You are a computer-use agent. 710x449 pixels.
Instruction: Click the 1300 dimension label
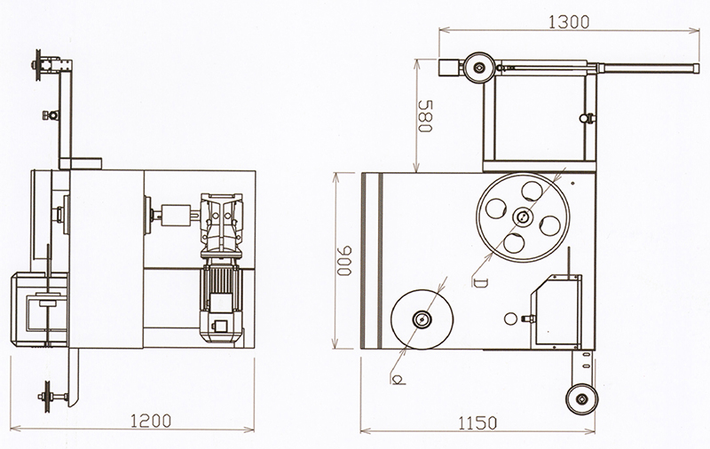569,21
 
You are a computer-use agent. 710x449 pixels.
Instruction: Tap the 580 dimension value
426,116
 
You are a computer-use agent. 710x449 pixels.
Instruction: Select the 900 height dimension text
344,261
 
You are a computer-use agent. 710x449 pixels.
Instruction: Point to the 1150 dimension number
477,423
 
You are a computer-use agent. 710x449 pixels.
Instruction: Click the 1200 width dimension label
151,421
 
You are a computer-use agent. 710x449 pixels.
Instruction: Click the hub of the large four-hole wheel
523,217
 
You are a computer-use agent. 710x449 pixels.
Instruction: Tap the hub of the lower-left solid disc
422,319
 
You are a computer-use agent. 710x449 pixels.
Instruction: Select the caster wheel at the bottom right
582,398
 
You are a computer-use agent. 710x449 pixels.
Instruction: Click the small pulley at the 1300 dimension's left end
479,68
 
